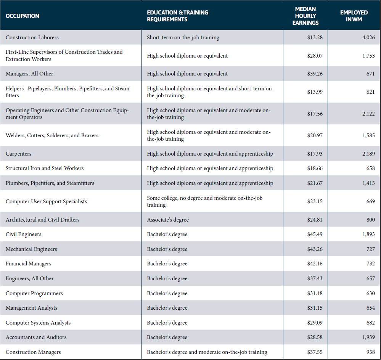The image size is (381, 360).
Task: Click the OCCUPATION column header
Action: (23, 16)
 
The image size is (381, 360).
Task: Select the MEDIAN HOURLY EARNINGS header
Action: (305, 16)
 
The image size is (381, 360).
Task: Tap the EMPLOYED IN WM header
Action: (354, 16)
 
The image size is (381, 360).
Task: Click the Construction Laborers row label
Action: (32, 37)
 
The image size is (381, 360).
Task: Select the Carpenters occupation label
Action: (19, 154)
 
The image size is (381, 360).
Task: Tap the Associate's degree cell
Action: (168, 220)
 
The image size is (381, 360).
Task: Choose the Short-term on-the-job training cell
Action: (183, 37)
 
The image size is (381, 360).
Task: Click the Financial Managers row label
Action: (29, 264)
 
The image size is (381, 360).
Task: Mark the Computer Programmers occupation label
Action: (34, 293)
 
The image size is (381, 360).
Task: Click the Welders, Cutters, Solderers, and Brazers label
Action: (52, 135)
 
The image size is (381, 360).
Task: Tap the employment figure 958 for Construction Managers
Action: (370, 352)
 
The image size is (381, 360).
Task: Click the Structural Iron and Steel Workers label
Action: (45, 168)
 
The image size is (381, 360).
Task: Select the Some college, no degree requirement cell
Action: (204, 201)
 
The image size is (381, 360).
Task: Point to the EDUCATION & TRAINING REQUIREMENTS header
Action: (177, 16)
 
